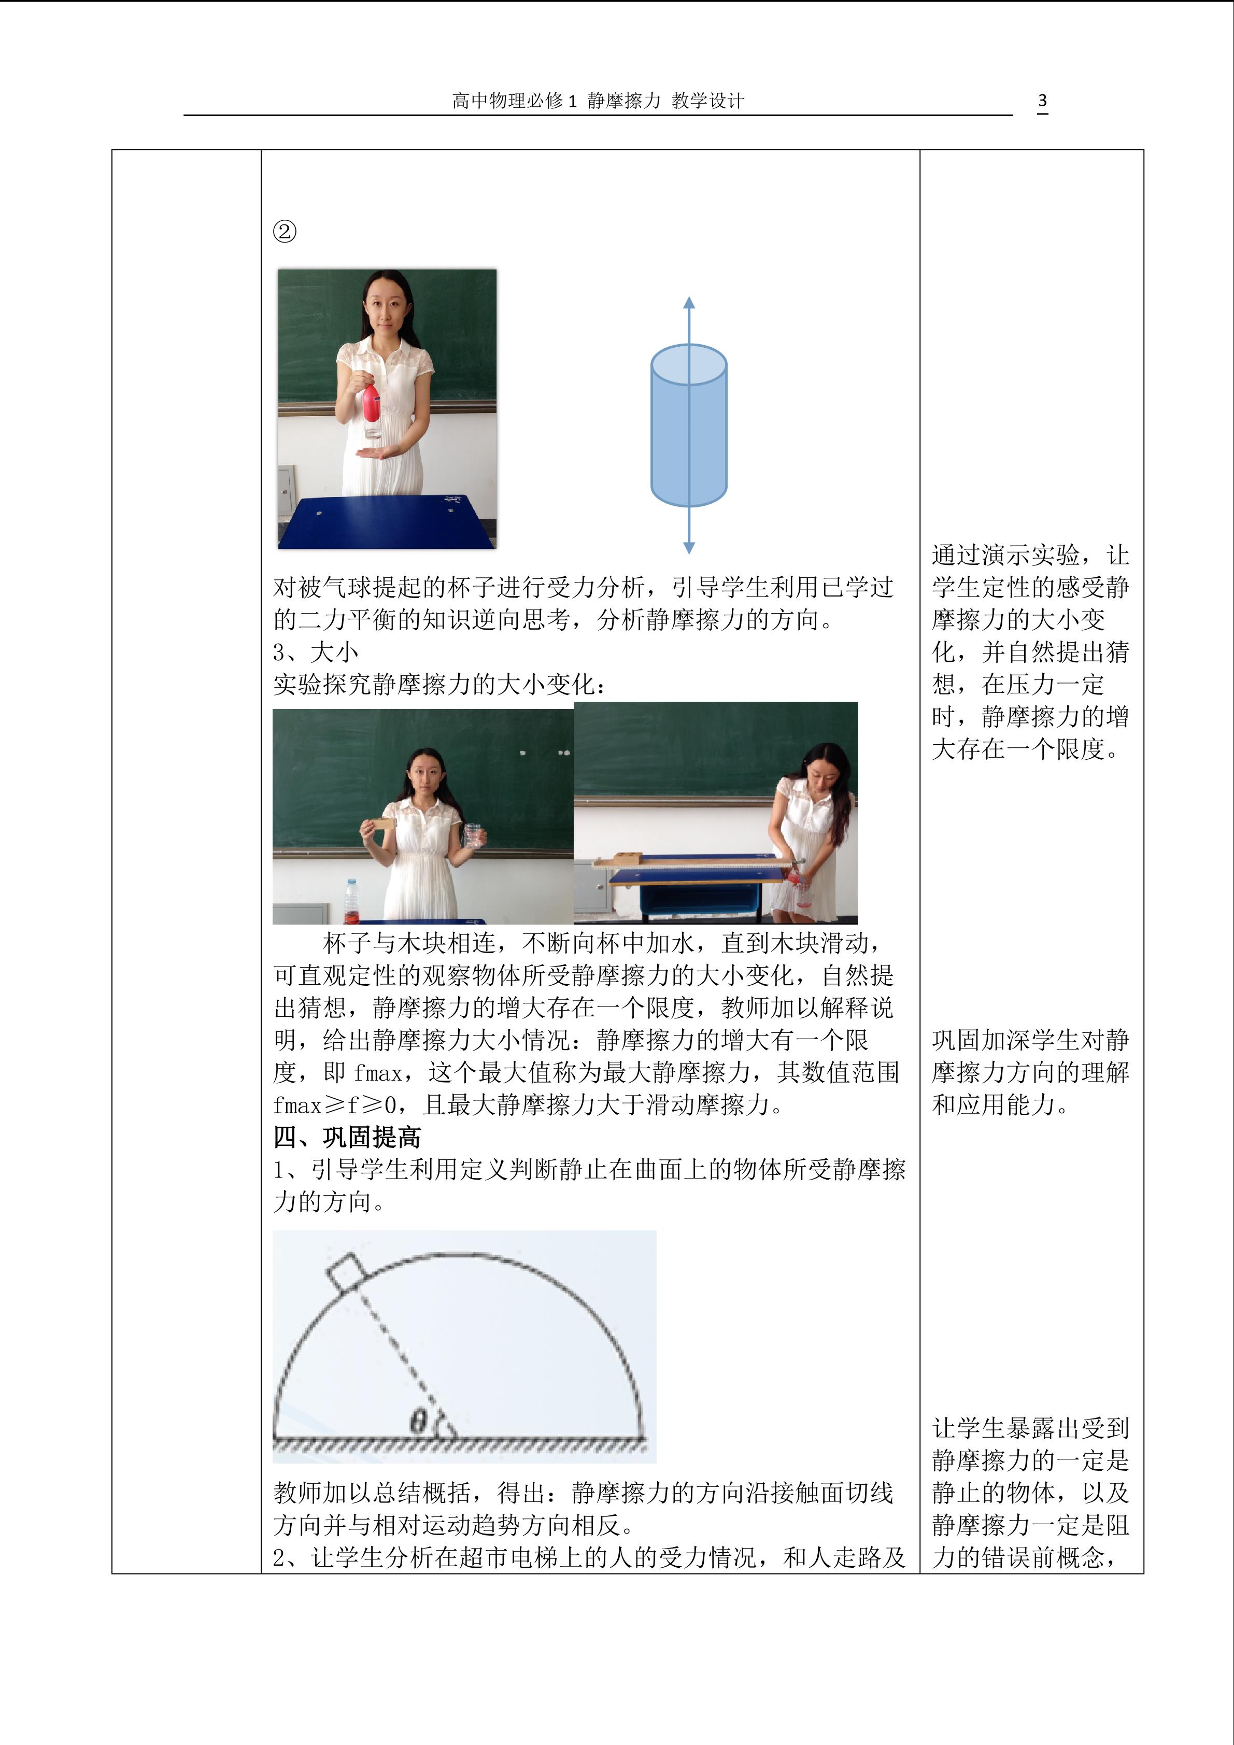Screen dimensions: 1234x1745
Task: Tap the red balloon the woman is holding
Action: (371, 403)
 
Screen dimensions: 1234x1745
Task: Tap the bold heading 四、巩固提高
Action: (347, 1137)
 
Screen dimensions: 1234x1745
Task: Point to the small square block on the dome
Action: (347, 1271)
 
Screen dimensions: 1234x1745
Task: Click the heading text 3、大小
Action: (315, 652)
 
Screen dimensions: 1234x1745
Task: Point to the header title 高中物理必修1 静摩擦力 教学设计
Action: (598, 101)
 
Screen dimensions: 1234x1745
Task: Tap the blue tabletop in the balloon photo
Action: (387, 521)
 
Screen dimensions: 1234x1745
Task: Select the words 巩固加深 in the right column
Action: (981, 1040)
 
